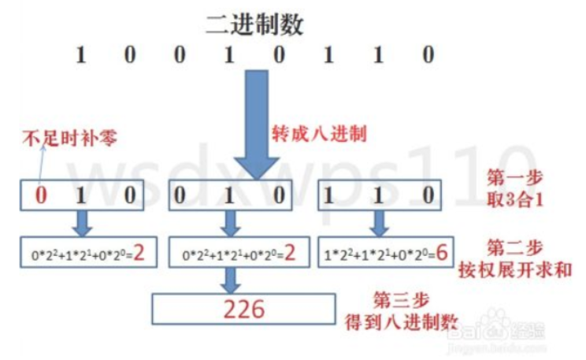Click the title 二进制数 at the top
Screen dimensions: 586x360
254,23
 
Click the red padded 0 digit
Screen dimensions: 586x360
40,195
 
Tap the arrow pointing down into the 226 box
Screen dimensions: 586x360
231,279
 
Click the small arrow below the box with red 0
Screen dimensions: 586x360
81,224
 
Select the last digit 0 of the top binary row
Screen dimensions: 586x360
428,56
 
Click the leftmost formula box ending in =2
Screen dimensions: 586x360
81,254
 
